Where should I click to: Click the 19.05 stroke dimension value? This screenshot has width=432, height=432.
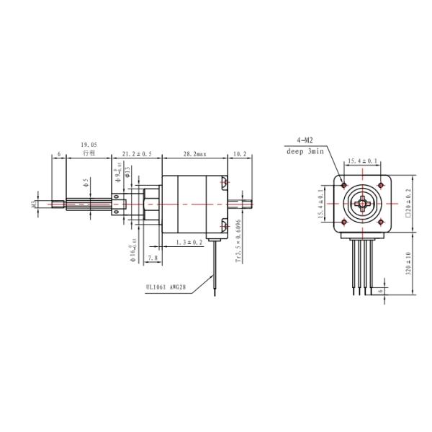[90, 145]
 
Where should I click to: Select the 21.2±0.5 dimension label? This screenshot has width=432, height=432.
[137, 153]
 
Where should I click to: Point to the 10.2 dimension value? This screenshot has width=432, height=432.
[240, 153]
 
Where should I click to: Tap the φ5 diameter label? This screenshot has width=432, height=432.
[85, 182]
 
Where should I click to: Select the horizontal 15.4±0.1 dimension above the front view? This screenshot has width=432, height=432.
[363, 161]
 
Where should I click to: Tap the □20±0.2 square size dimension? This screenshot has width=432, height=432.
[408, 204]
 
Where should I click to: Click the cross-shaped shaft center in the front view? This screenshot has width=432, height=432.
[363, 204]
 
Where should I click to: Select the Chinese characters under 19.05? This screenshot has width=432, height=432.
[89, 153]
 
